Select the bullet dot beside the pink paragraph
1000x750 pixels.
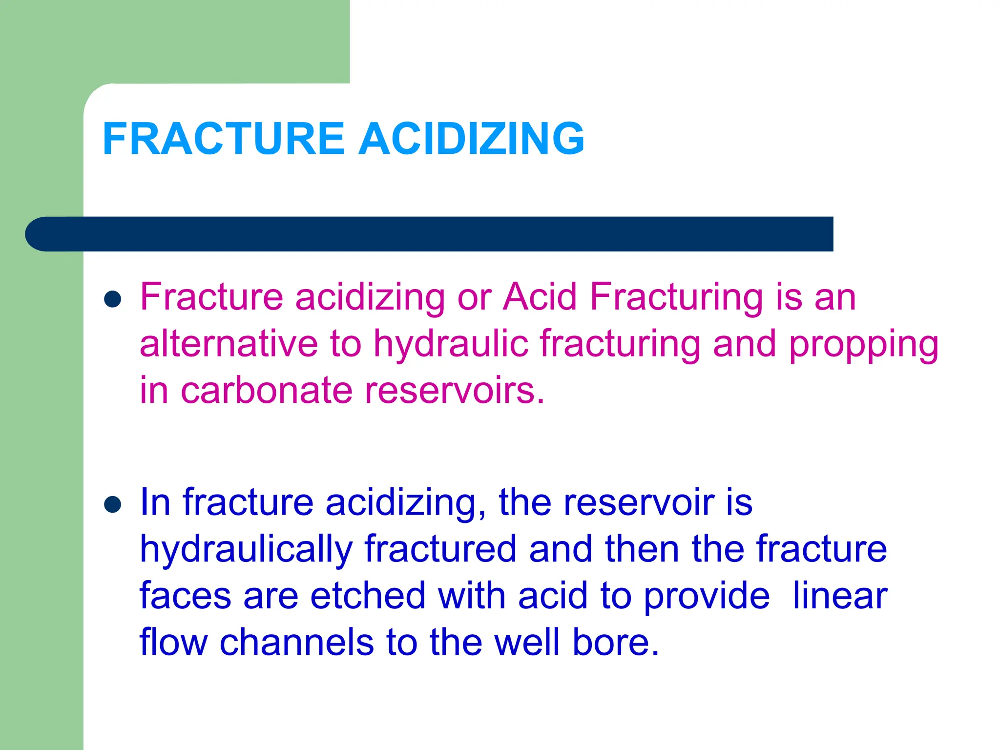point(113,299)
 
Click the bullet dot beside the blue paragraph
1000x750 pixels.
point(113,505)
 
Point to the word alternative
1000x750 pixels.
point(229,343)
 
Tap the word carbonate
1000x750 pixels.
point(266,391)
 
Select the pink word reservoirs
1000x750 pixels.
point(454,391)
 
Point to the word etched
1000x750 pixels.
point(368,596)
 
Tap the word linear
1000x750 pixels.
point(840,596)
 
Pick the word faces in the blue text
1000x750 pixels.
point(185,596)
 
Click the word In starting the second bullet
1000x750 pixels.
point(155,502)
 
